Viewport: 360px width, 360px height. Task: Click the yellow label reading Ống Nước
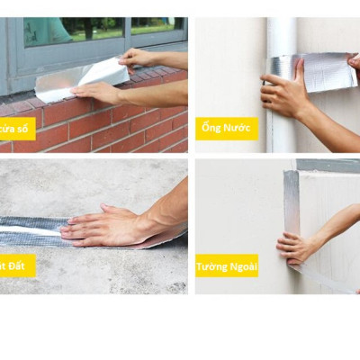(x=227, y=128)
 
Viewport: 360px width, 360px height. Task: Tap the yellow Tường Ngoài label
(x=227, y=265)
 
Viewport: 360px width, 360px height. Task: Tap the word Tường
(x=211, y=265)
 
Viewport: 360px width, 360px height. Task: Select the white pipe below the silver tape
(x=280, y=126)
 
